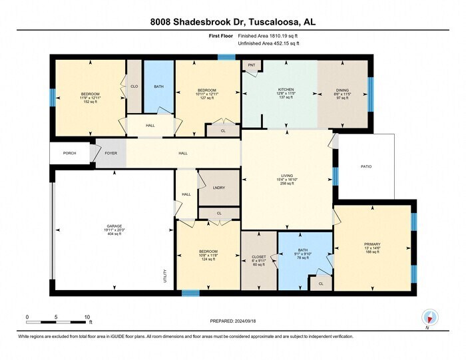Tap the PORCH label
tap(70, 153)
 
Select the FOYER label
tap(111, 153)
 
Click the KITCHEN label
tap(286, 90)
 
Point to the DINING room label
tap(343, 90)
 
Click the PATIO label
tap(366, 167)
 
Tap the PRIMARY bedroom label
tap(372, 244)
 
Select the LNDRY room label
tap(219, 188)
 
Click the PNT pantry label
tap(252, 65)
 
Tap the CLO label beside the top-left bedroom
tap(134, 86)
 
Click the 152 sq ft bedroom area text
tap(90, 102)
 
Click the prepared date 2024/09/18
tap(233, 321)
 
